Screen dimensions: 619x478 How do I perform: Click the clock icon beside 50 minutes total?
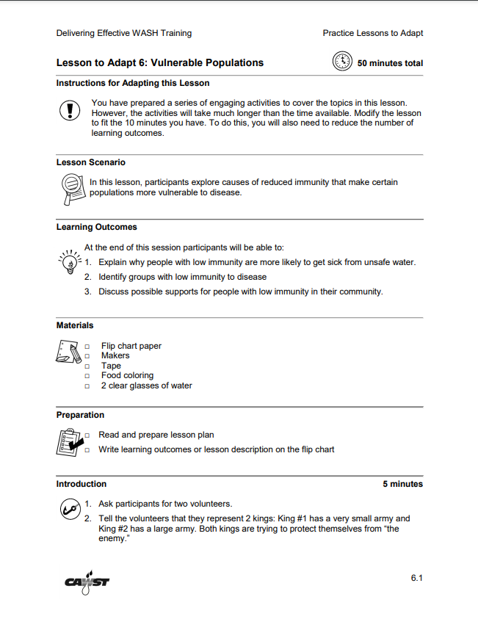343,62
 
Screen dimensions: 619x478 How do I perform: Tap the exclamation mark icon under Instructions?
69,111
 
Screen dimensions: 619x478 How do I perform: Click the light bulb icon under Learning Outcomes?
70,261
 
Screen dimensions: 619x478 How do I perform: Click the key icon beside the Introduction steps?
70,508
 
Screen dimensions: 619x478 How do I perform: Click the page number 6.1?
416,579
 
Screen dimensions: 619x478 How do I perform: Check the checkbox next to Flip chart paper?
87,347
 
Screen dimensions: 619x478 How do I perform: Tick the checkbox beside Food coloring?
87,376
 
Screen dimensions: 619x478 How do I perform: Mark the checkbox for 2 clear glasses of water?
87,386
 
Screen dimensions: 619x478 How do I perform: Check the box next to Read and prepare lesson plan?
87,435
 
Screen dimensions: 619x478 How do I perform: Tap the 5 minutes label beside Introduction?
402,484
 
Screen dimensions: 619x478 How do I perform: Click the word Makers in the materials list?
115,355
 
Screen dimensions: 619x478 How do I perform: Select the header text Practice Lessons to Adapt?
372,33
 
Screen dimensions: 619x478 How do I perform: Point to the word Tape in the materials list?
111,366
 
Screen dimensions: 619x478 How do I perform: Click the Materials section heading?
75,325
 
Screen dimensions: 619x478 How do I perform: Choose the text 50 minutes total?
390,63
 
